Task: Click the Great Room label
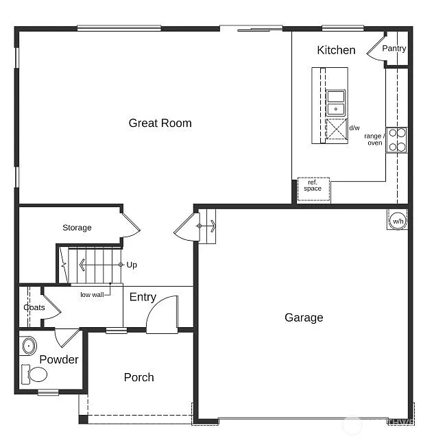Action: [x=160, y=123]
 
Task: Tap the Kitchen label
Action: [x=336, y=50]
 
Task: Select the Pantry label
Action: [x=394, y=49]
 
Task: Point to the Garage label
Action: [x=304, y=318]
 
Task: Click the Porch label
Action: [x=139, y=377]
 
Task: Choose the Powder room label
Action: [x=59, y=359]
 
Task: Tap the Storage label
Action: [x=77, y=228]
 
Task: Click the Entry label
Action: [x=143, y=297]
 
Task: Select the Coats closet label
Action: [x=34, y=307]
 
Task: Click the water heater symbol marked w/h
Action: [x=398, y=221]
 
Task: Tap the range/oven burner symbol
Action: [x=397, y=140]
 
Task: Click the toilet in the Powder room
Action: [x=36, y=374]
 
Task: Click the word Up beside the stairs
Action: [x=132, y=264]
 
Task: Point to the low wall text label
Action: [x=91, y=295]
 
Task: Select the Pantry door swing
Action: [x=378, y=49]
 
